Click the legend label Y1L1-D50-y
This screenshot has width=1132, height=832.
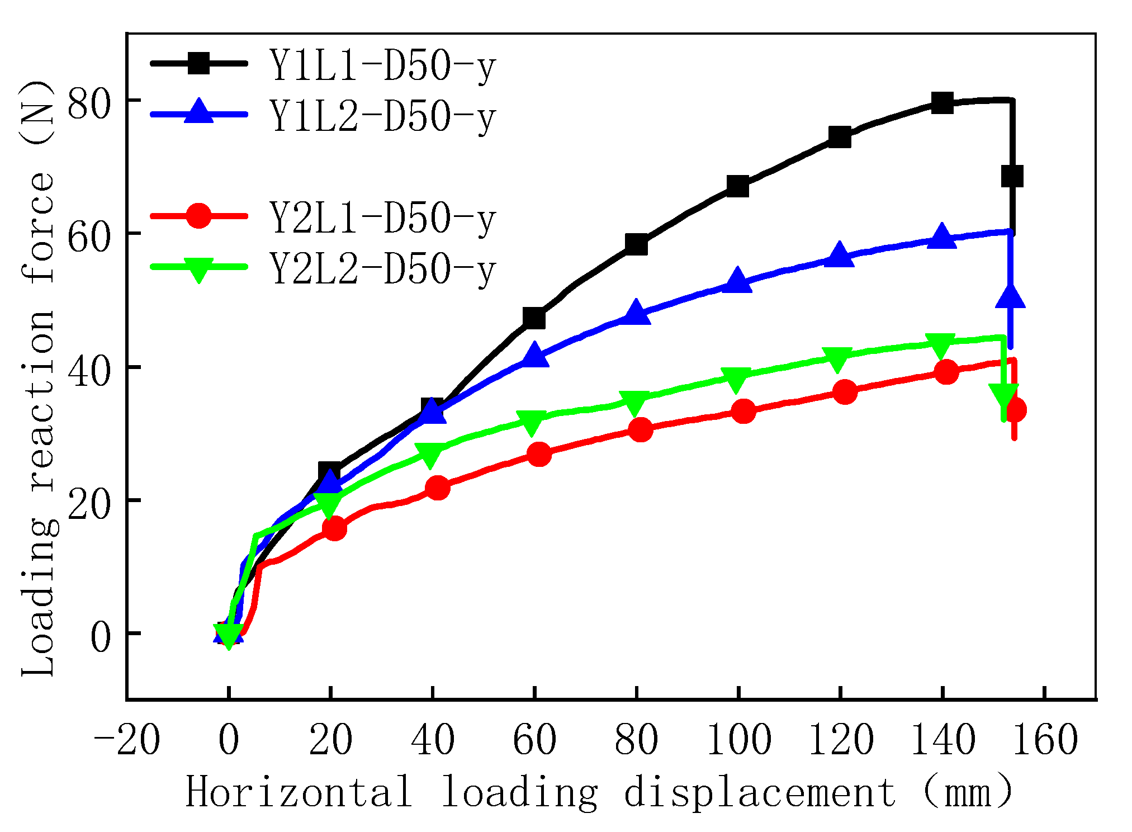[383, 67]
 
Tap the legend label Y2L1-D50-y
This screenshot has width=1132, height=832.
[383, 219]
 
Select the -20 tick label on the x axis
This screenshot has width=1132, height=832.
[127, 740]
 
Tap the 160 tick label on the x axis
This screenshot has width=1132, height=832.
[1045, 740]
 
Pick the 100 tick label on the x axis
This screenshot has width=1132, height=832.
[738, 740]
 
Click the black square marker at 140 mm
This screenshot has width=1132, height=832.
[942, 103]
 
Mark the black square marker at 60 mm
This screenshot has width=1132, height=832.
[534, 318]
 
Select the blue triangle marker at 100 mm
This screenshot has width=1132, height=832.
[738, 280]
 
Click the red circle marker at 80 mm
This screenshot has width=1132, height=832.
[641, 429]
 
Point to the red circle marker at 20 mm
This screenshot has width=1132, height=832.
[334, 528]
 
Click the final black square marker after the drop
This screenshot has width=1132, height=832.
[1012, 177]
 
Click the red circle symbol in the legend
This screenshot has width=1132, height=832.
[198, 215]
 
